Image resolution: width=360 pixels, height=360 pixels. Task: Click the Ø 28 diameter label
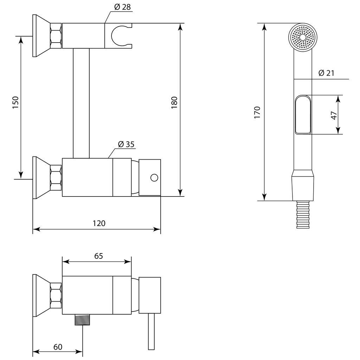(x=122, y=7)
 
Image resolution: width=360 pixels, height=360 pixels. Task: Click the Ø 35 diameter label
(x=126, y=144)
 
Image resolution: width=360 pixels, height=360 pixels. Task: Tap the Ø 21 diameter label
(x=326, y=73)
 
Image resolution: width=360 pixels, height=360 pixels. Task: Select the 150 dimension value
(x=15, y=102)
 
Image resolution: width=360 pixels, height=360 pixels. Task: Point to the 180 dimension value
(x=174, y=102)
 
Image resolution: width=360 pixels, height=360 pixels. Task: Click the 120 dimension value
(x=99, y=223)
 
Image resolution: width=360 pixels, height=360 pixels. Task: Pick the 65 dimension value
(x=98, y=256)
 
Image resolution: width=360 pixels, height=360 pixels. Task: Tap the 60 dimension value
(x=58, y=347)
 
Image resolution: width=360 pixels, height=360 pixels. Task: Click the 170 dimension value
(x=257, y=112)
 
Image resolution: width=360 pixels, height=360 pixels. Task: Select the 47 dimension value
(x=334, y=115)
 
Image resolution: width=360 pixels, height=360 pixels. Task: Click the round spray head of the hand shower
(x=303, y=37)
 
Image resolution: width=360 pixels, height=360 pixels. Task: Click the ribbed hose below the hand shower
(x=303, y=214)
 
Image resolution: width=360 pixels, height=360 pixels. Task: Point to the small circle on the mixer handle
(x=154, y=178)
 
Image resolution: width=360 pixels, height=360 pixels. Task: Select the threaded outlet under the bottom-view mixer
(x=82, y=320)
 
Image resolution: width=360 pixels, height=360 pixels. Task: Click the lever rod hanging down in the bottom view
(x=151, y=331)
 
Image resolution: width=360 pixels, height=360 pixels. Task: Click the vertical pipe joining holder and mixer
(x=81, y=103)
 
